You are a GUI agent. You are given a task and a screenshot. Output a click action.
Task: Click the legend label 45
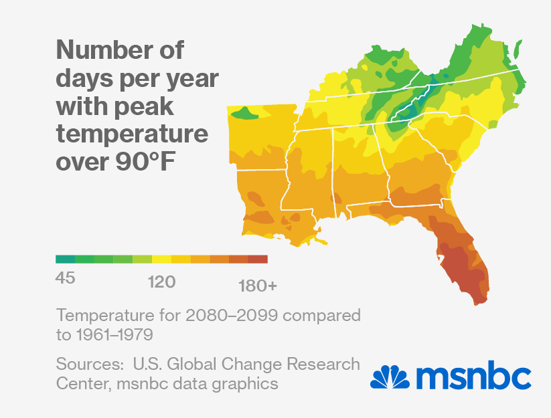(65, 279)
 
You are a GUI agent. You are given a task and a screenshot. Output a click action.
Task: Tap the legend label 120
(161, 282)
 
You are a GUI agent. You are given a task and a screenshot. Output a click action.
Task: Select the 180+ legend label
(257, 286)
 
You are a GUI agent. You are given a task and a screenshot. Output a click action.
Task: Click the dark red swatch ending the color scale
(258, 259)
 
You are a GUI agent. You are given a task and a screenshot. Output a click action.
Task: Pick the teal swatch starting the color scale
(65, 259)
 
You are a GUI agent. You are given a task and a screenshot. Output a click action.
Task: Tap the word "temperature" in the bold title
(133, 134)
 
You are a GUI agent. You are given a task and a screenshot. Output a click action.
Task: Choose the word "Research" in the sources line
(323, 364)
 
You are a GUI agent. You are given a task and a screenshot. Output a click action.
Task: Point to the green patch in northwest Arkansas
(246, 114)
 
